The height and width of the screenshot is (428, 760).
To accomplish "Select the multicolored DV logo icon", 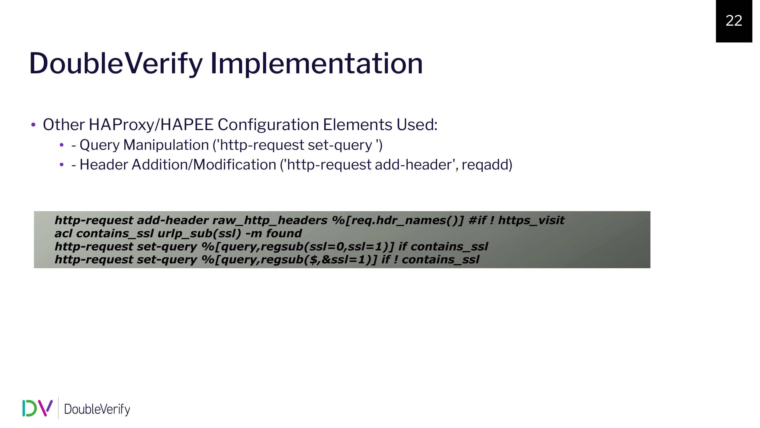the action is coord(37,408).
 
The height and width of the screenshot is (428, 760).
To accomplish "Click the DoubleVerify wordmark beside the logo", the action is coord(97,409).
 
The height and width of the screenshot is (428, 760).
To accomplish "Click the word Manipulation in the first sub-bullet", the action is coord(166,145).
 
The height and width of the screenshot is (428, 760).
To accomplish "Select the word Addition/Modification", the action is coord(204,165).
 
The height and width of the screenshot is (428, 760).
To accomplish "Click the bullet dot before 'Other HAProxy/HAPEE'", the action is coord(33,125).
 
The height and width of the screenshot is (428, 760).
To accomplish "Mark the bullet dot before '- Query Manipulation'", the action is coord(62,145).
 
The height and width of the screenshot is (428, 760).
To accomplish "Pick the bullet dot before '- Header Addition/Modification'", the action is coord(62,165).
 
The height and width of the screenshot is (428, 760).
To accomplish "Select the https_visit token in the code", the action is coord(531,221).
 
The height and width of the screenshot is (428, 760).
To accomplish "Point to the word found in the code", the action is coord(284,233).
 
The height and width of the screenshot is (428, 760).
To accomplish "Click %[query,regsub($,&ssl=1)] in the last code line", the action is coord(289,260).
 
